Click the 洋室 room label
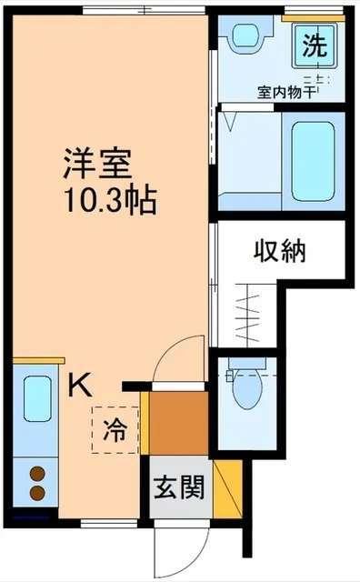click(x=98, y=164)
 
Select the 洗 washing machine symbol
click(x=313, y=45)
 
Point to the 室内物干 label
click(x=285, y=92)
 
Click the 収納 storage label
click(x=278, y=249)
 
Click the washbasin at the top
click(x=245, y=37)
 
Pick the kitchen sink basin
click(x=37, y=399)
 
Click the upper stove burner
click(x=37, y=474)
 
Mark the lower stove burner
click(x=37, y=493)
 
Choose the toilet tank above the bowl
click(x=245, y=366)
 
